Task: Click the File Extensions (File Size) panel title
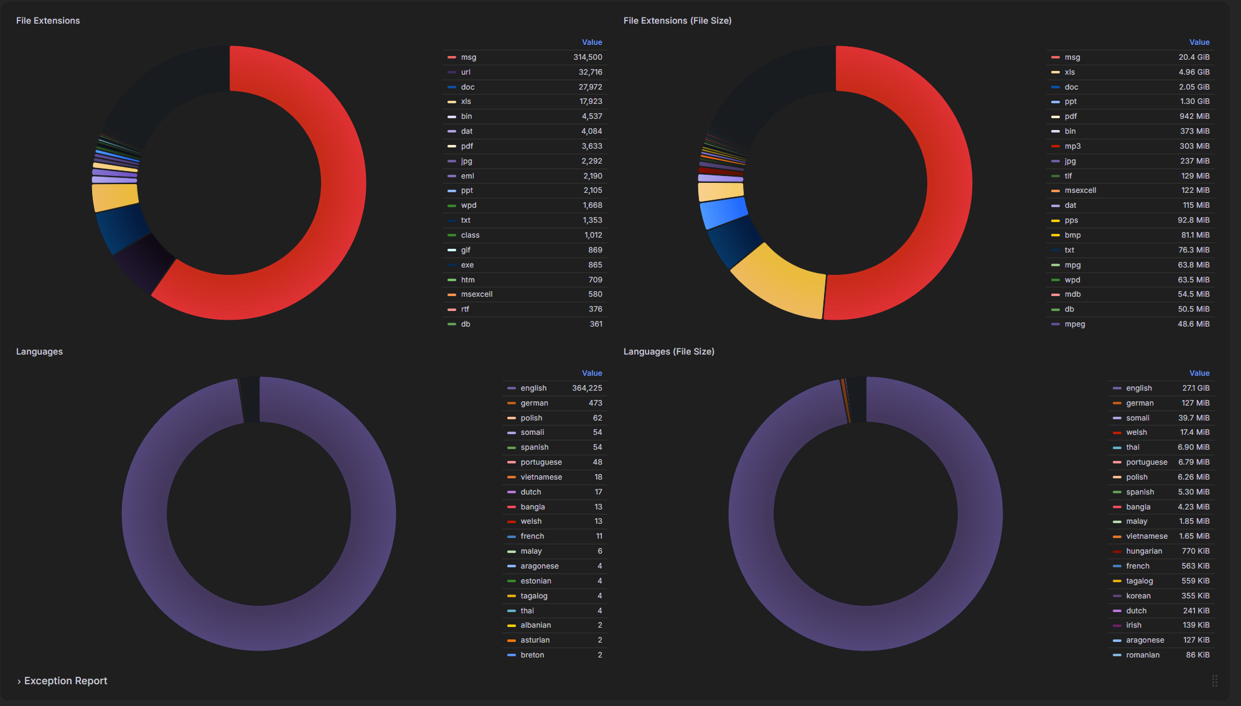[677, 21]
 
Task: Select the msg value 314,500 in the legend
[588, 57]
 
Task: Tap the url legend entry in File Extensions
[466, 72]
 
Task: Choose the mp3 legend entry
[1072, 146]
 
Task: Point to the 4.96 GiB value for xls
[1194, 72]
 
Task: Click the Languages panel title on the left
[39, 351]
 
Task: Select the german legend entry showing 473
[534, 403]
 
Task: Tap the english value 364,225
[587, 388]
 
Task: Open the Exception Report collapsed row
[65, 680]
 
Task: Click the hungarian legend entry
[1144, 551]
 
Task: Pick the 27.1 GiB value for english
[1196, 388]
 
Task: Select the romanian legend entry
[1143, 655]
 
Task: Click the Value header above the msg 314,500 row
[592, 42]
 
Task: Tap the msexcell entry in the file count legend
[477, 294]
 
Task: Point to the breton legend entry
[532, 655]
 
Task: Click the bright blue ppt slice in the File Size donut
[723, 213]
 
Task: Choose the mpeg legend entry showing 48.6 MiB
[1075, 324]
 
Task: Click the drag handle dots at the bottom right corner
[1214, 680]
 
